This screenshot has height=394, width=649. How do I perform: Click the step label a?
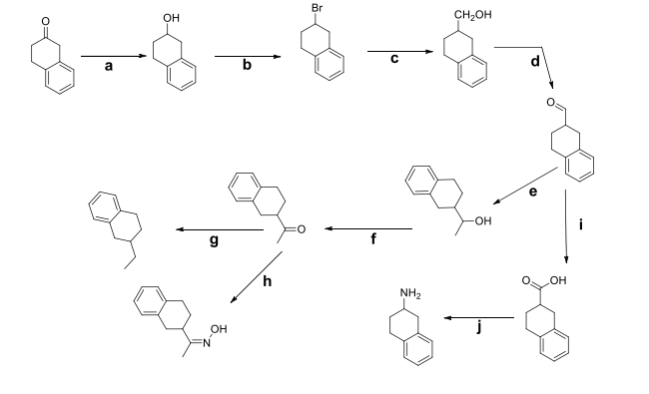[x=108, y=69]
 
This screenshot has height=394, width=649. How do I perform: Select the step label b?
[x=244, y=69]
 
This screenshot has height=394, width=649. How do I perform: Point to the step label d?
[x=534, y=62]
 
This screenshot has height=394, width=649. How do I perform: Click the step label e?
[x=532, y=192]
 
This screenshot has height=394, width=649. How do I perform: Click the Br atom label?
[x=317, y=9]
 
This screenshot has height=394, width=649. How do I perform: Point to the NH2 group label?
[x=410, y=292]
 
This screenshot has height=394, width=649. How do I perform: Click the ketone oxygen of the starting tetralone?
[x=36, y=17]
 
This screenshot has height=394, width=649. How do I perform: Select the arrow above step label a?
[x=109, y=56]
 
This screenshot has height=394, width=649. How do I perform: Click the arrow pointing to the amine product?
[x=478, y=319]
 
